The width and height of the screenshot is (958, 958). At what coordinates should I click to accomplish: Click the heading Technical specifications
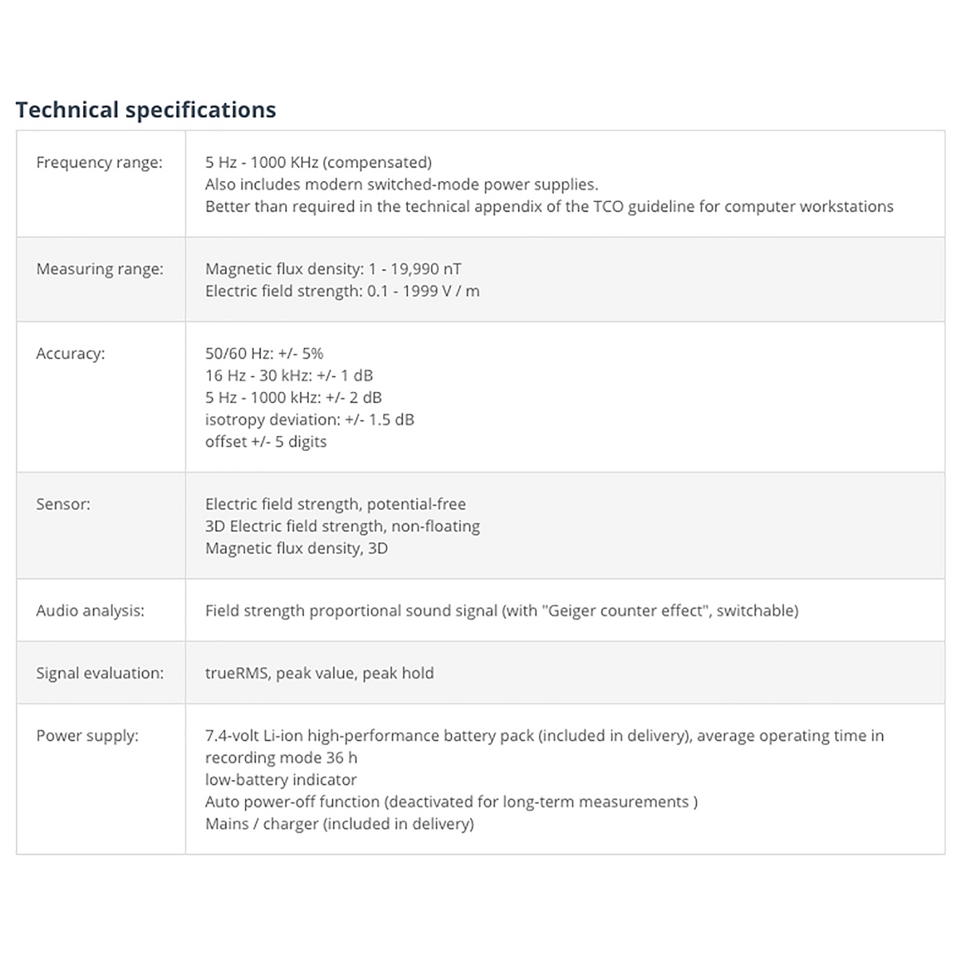coord(146,109)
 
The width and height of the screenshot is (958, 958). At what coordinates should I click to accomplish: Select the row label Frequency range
coord(99,163)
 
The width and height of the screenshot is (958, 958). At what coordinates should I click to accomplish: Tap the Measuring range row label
coord(100,269)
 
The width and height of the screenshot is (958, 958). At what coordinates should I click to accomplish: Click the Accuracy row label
coord(70,354)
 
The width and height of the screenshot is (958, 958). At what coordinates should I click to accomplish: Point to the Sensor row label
coord(63,505)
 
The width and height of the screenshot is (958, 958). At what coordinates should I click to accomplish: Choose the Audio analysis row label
coord(90,611)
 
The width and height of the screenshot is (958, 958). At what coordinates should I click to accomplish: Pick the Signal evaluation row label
coord(100,673)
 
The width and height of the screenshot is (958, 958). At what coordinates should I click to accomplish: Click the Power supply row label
coord(87,736)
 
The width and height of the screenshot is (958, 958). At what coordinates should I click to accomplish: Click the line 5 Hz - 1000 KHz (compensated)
coord(318,163)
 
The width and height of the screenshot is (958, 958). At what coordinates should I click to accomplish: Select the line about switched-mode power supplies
coord(402,184)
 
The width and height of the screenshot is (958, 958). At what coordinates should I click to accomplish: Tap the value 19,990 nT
coord(426,269)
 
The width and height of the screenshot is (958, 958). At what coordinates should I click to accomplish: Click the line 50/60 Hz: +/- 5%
coord(264,354)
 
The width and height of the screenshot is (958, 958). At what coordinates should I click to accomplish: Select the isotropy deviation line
coord(310,420)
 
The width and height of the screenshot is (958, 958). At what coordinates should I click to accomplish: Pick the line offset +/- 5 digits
coord(266,442)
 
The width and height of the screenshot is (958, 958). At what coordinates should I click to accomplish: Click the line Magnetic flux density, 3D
coord(296,548)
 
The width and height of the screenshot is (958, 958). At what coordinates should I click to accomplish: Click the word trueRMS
coord(236,673)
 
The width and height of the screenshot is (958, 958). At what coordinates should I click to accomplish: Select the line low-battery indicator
coord(281,780)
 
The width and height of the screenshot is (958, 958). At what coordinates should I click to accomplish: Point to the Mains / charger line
coord(339,824)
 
